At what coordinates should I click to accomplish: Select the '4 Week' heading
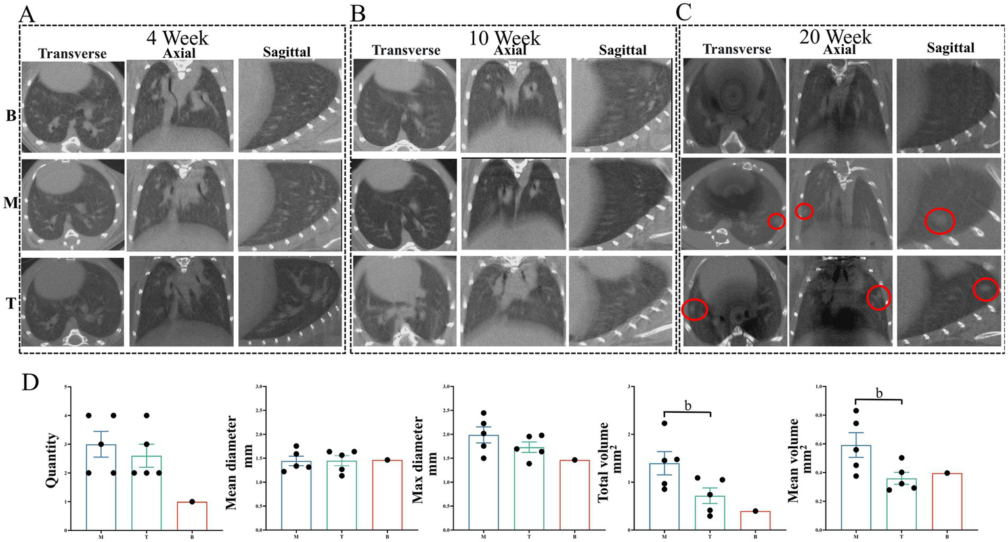[177, 37]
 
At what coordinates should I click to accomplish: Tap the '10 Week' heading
[504, 37]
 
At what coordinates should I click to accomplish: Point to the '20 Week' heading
[835, 36]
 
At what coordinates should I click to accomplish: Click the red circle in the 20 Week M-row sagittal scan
[940, 222]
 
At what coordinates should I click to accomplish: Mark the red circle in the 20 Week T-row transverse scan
[695, 309]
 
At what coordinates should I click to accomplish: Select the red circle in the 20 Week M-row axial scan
[804, 211]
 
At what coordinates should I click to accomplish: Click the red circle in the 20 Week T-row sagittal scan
[985, 289]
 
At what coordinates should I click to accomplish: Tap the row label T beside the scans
[10, 304]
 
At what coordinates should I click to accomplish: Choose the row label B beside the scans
[10, 116]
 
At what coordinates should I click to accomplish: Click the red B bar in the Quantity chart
[192, 516]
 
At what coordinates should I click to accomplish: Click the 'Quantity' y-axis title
[51, 459]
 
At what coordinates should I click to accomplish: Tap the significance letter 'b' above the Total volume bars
[688, 406]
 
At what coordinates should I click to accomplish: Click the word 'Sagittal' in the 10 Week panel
[623, 51]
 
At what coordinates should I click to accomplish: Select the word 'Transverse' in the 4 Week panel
[72, 54]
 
